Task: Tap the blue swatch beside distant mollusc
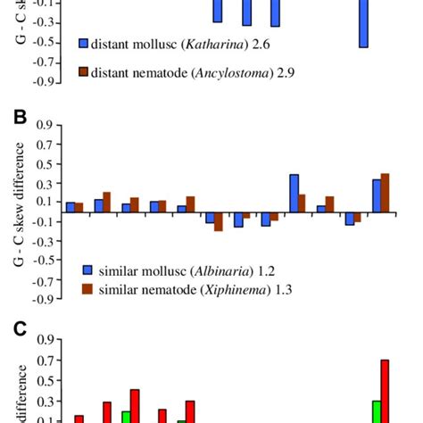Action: [x=84, y=42]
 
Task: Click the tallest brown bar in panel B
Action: [x=385, y=193]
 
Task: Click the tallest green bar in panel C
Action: [x=376, y=411]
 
